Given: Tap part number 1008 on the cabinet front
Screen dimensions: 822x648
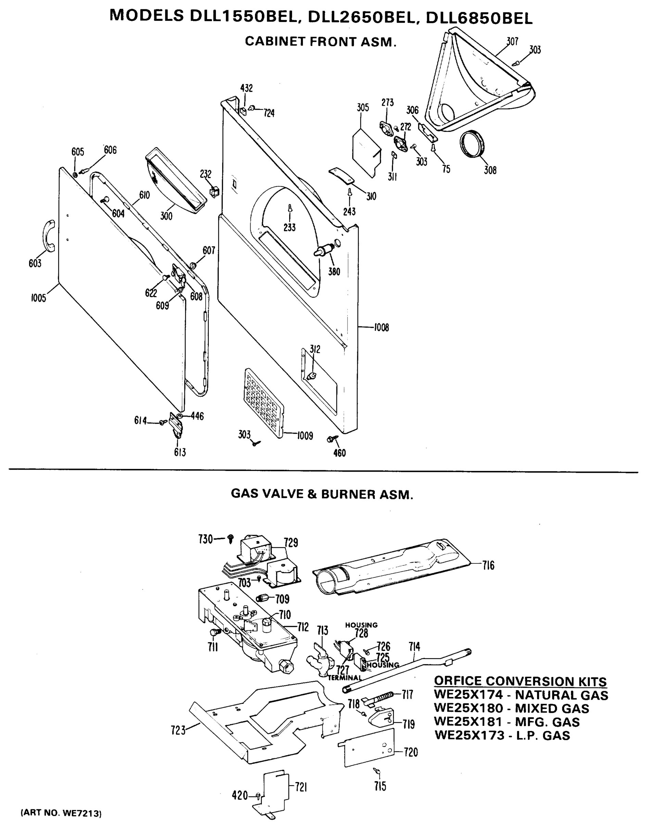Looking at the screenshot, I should click(x=381, y=327).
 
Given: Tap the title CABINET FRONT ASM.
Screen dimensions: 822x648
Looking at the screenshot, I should click(x=321, y=42).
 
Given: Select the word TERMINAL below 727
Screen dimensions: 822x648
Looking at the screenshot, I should click(x=344, y=678).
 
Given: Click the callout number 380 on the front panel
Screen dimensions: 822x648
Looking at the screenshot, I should click(x=334, y=271).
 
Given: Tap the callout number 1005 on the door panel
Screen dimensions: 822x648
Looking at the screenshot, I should click(x=38, y=298).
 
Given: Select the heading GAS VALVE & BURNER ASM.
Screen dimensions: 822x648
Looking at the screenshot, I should click(x=322, y=494).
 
